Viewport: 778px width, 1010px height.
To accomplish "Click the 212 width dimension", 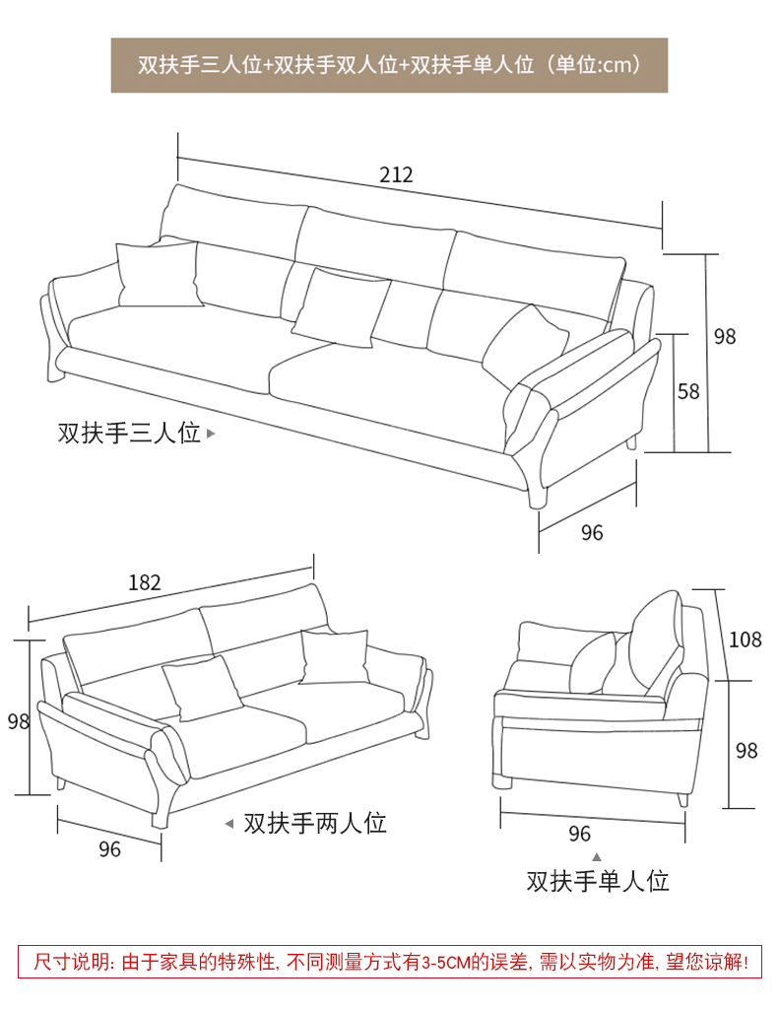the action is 396,174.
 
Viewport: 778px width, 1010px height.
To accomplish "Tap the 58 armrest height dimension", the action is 688,391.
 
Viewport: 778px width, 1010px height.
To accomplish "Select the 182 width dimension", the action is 144,582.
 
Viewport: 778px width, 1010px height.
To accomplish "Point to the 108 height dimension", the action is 746,639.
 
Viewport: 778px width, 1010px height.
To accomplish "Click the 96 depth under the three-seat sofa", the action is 592,533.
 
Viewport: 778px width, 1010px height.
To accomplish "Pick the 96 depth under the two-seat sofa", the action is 109,849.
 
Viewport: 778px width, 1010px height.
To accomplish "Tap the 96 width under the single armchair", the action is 579,834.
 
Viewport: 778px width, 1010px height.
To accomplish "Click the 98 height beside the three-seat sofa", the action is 725,336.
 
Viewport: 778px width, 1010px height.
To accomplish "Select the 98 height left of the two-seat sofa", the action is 19,720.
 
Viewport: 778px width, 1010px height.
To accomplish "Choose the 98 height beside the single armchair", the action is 746,751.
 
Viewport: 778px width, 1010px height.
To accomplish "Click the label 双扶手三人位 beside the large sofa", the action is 129,433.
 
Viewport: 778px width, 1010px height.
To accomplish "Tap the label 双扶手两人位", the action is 315,823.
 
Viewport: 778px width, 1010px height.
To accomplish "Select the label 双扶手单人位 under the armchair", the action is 598,881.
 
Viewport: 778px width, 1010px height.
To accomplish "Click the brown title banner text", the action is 390,65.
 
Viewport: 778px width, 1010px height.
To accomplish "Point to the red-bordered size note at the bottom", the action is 390,963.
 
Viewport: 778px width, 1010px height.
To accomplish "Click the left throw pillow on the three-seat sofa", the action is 159,274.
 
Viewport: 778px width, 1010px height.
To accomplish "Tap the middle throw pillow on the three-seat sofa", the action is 341,307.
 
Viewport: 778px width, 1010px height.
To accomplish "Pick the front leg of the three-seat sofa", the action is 537,495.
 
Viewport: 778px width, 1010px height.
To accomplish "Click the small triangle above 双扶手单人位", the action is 597,856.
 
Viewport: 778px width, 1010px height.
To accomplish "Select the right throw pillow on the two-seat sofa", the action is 333,657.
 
